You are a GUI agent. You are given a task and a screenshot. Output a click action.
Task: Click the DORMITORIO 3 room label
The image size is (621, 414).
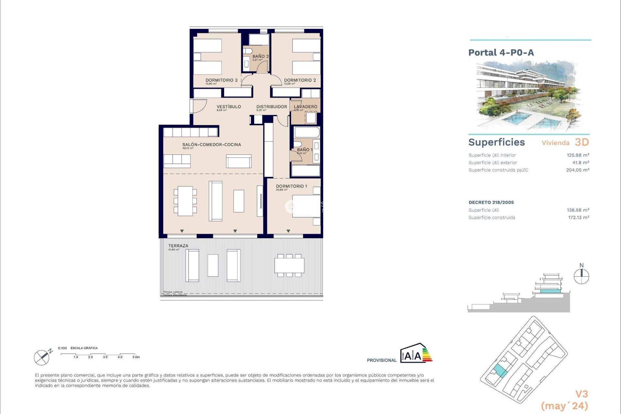[222, 80]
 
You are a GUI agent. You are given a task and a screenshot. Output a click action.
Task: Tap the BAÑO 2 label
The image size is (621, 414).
[260, 56]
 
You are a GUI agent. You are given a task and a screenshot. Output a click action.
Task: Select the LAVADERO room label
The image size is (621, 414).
[305, 107]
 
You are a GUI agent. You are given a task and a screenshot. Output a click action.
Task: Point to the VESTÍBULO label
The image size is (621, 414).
[229, 107]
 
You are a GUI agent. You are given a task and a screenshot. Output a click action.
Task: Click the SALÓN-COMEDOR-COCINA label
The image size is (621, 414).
[212, 145]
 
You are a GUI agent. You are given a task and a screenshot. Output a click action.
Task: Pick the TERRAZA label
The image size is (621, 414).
[178, 246]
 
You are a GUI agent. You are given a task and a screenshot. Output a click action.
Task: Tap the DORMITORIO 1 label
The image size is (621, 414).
[291, 186]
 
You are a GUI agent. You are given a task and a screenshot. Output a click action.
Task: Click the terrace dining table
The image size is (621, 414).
[289, 266]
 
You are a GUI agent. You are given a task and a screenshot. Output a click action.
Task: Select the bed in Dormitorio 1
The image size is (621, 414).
[306, 206]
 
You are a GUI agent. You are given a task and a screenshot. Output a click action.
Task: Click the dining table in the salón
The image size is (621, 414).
[185, 201]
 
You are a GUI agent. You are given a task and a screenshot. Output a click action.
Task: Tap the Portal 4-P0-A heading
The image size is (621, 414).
[501, 53]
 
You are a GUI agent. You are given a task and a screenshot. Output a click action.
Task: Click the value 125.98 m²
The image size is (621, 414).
[578, 155]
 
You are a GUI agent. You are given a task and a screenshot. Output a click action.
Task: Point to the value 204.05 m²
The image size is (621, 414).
[577, 170]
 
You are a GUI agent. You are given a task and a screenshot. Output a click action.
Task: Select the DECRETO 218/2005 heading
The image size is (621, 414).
[491, 202]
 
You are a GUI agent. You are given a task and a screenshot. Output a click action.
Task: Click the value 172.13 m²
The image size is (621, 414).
[578, 218]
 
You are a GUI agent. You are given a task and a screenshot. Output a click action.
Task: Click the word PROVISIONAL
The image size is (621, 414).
[382, 360]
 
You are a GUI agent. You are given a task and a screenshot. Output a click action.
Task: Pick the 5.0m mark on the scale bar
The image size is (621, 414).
[136, 357]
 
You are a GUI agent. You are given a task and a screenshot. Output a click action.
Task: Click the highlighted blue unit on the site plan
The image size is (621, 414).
[500, 371]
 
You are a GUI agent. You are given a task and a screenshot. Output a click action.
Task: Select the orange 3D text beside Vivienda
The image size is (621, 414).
[582, 142]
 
